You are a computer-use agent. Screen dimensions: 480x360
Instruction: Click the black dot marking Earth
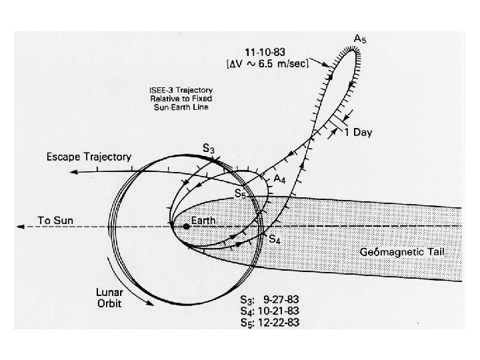(x=187, y=226)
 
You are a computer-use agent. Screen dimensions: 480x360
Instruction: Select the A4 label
(x=282, y=178)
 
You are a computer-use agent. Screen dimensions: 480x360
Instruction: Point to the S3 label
(x=208, y=149)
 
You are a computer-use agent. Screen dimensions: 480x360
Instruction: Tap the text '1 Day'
(x=358, y=133)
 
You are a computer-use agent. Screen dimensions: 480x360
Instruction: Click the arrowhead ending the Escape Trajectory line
(x=72, y=171)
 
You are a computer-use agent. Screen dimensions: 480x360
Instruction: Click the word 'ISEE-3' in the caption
(x=160, y=90)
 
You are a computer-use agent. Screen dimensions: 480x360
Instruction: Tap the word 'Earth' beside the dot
(x=204, y=220)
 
